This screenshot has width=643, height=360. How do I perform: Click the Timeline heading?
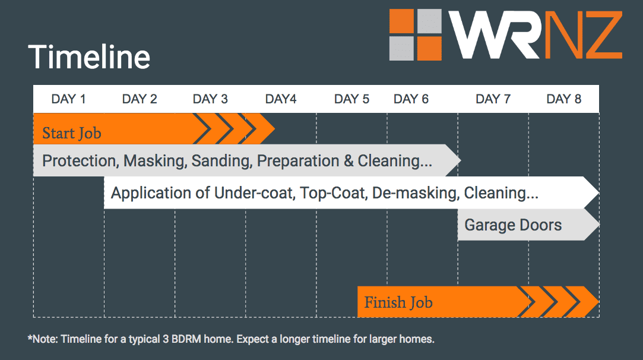(x=89, y=56)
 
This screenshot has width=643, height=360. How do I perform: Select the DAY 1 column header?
(x=68, y=99)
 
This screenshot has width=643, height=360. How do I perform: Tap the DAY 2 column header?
(x=140, y=99)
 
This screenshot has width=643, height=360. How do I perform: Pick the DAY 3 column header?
(x=210, y=99)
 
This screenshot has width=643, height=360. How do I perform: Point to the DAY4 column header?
(x=280, y=99)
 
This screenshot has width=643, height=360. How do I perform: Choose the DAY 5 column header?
(x=351, y=99)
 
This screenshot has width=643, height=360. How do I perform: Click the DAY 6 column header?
(x=411, y=99)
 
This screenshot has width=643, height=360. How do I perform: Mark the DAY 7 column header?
(x=493, y=99)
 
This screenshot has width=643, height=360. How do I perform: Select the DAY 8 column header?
(x=564, y=99)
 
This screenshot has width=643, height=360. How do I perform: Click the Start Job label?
(x=72, y=133)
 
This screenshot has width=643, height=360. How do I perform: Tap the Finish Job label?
(x=398, y=302)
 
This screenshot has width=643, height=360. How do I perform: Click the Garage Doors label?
(x=513, y=225)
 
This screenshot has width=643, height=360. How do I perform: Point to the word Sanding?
(x=221, y=161)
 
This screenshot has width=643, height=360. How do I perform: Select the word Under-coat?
(x=255, y=193)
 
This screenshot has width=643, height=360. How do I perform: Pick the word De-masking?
(x=416, y=193)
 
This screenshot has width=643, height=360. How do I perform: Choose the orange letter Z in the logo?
(x=604, y=34)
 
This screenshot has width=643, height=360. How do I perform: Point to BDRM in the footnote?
(x=186, y=339)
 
